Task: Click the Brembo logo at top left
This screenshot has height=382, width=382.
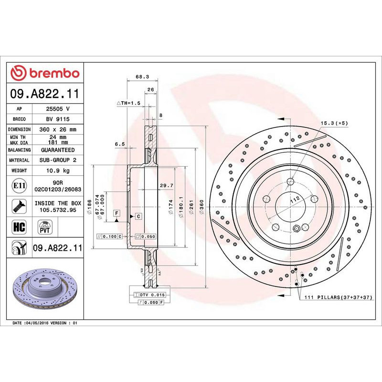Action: [45, 73]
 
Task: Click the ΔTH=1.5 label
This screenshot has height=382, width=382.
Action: [128, 103]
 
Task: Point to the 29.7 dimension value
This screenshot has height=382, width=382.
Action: [166, 185]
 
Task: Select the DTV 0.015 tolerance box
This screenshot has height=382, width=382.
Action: [149, 296]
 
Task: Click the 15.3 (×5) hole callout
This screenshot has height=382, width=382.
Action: [334, 123]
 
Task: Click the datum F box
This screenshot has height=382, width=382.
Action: [116, 212]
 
